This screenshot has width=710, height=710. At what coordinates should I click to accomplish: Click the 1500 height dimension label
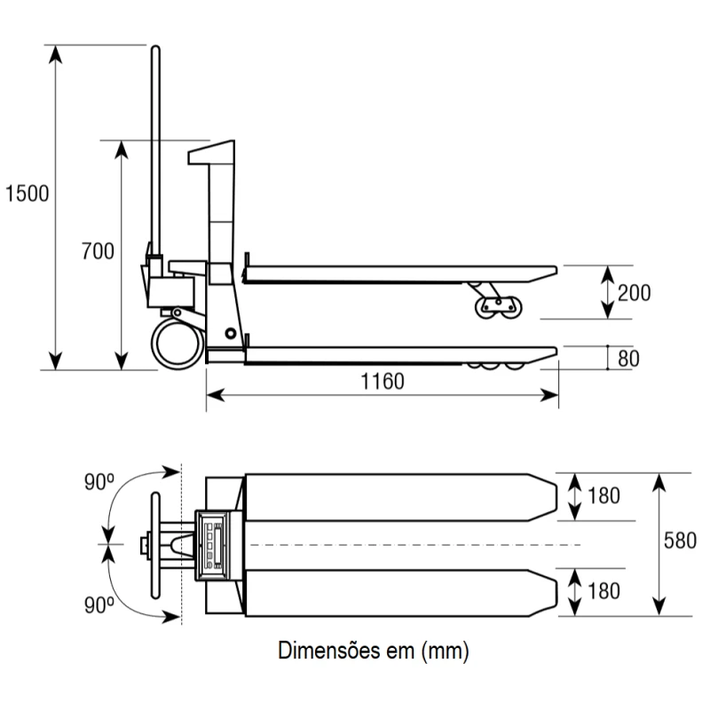click(x=27, y=193)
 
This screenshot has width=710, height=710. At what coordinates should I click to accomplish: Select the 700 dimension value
click(x=98, y=251)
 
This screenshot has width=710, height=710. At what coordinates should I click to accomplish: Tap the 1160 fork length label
click(x=383, y=382)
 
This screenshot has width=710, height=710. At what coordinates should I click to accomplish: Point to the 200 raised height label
click(x=635, y=293)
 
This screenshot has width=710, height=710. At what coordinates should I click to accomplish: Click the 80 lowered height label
click(x=628, y=359)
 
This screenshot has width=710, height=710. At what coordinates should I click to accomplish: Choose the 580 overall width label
click(x=680, y=540)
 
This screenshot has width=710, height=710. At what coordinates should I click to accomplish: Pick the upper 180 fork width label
click(x=604, y=496)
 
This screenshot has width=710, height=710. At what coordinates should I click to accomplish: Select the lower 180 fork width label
click(x=604, y=591)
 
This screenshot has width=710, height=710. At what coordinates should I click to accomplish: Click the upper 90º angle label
click(x=99, y=482)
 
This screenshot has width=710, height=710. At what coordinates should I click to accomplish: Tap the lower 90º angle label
click(x=99, y=605)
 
